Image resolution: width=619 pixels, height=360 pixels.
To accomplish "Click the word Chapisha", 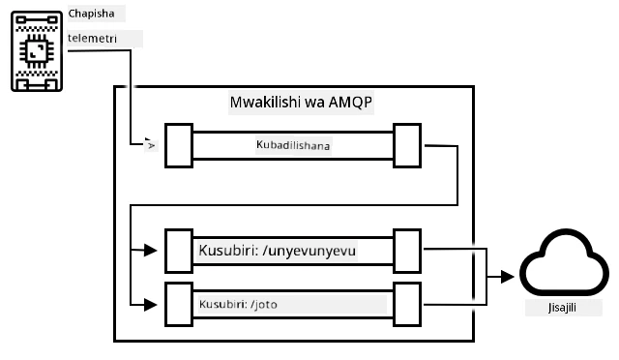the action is tap(91, 14).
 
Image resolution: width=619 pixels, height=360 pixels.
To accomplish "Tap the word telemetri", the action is tap(93, 39).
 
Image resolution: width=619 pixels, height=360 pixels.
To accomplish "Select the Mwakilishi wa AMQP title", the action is tap(301, 103).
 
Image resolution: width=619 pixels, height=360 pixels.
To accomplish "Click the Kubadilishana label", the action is tap(293, 145).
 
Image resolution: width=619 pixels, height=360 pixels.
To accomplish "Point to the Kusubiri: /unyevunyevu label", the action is tap(278, 251).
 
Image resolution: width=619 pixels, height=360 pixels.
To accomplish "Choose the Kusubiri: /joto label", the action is tap(238, 304).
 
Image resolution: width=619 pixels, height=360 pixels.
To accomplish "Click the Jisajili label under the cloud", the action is tap(562, 308).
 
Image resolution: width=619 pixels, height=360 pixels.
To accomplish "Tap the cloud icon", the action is tap(564, 262).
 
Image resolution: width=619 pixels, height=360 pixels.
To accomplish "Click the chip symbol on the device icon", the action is tap(37, 51).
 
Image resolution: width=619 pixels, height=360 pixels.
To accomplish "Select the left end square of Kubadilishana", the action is tap(179, 145).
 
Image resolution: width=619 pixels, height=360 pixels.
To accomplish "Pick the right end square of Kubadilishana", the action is tap(407, 145).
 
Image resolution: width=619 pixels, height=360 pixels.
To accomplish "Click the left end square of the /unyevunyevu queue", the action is tap(179, 251).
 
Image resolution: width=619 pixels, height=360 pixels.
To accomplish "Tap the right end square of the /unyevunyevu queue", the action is tap(407, 251).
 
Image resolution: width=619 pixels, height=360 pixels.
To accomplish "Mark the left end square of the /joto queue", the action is tap(179, 304).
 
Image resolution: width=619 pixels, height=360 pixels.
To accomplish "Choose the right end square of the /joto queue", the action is tap(407, 304).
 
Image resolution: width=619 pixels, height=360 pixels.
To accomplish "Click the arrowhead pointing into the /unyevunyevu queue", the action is tap(151, 250).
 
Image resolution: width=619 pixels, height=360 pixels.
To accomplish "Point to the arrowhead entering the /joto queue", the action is tap(151, 305).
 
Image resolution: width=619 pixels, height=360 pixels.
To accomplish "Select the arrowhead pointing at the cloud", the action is tap(507, 277).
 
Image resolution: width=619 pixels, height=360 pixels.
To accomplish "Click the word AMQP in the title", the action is tap(350, 103).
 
